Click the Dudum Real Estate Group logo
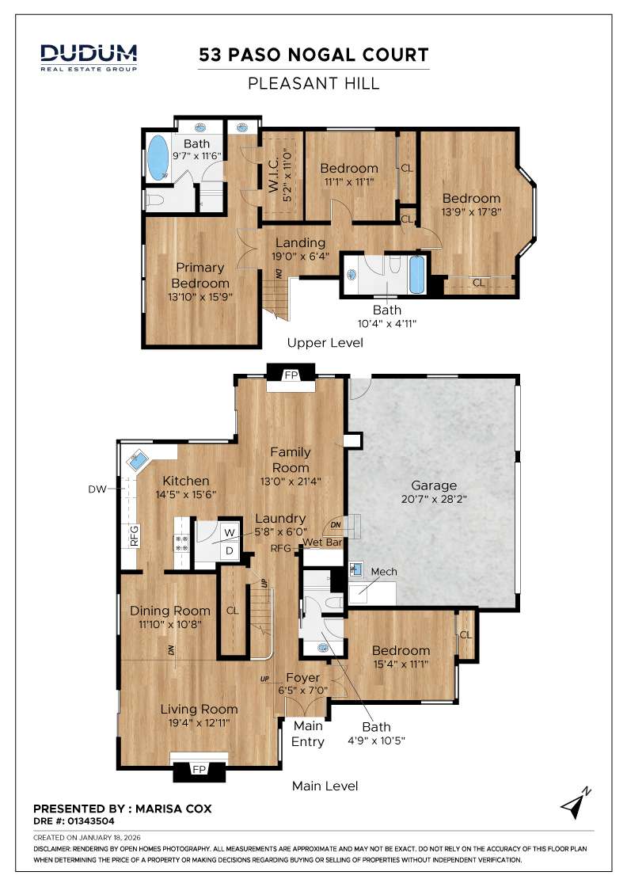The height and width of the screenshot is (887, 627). pyautogui.click(x=89, y=57)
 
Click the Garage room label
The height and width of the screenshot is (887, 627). pyautogui.click(x=434, y=485)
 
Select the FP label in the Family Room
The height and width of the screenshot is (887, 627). pyautogui.click(x=291, y=375)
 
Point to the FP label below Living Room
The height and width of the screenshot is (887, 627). pyautogui.click(x=199, y=769)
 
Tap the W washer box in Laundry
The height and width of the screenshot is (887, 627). pyautogui.click(x=229, y=532)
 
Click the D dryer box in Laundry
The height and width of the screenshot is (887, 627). pyautogui.click(x=229, y=550)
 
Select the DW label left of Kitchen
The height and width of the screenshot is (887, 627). pyautogui.click(x=97, y=489)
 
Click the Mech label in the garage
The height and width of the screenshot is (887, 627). pyautogui.click(x=383, y=571)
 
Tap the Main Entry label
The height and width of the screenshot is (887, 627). pyautogui.click(x=308, y=734)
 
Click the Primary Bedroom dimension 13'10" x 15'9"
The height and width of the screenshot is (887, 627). pyautogui.click(x=200, y=297)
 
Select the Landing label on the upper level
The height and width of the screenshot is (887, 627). pyautogui.click(x=301, y=242)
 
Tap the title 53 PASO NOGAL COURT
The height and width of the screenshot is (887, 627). pyautogui.click(x=313, y=55)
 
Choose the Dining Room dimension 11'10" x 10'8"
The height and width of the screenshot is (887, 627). pyautogui.click(x=170, y=624)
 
